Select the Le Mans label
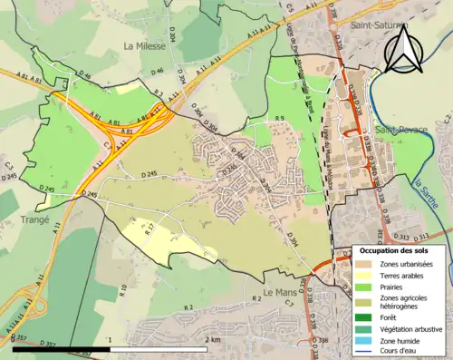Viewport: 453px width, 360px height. (281, 292)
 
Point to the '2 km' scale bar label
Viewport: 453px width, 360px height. (213, 340)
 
